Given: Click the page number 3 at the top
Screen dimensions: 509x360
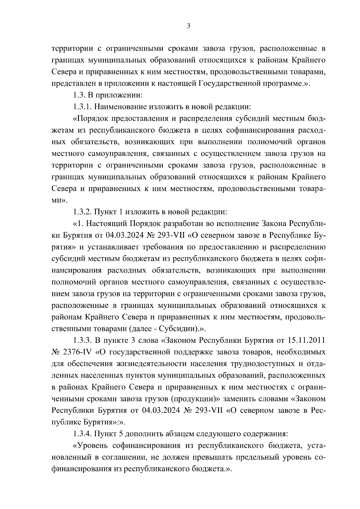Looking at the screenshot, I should point(188,26).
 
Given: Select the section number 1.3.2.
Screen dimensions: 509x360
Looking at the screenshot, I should point(82,212).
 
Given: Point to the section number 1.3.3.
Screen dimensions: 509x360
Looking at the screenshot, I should point(82,341).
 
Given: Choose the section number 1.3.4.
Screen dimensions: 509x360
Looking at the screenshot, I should point(82,434).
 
